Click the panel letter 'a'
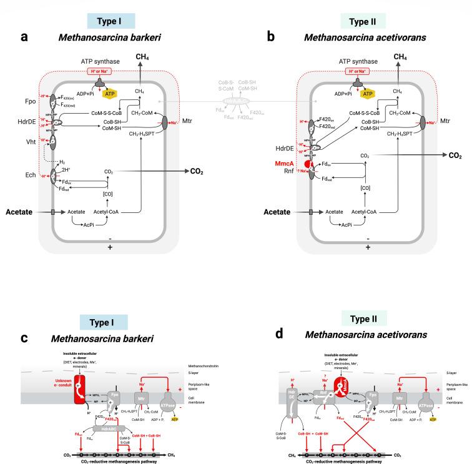click(25, 37)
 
